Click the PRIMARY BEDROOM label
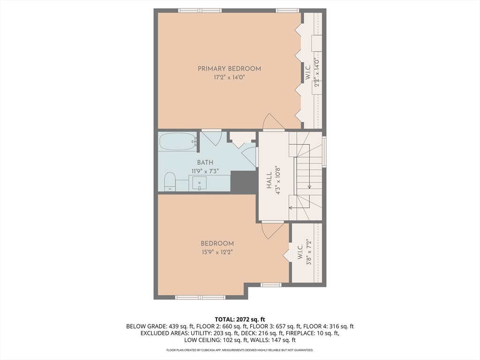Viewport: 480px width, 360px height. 229,68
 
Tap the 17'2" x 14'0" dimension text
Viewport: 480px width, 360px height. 229,77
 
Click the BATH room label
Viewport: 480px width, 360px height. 205,162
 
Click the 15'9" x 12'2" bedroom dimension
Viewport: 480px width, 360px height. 217,252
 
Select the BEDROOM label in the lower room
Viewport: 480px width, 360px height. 217,244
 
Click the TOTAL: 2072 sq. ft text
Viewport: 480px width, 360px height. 240,320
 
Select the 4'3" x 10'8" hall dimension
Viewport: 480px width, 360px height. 278,180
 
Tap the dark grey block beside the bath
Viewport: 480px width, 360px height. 243,182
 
